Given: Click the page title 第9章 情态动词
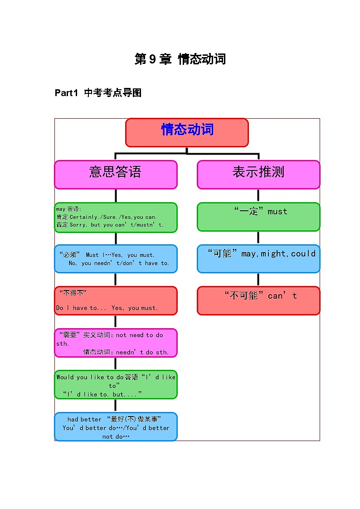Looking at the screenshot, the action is tap(180, 59).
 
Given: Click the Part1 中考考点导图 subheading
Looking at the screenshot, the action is tap(98, 93).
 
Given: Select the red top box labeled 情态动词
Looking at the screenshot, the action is tap(187, 132).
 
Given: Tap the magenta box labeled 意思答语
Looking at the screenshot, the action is tap(116, 175).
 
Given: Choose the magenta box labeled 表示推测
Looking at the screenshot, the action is tap(258, 175).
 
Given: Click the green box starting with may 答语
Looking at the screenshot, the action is tap(116, 218).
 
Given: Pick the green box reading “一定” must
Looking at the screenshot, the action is tap(258, 217).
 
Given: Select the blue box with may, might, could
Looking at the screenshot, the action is tap(258, 259).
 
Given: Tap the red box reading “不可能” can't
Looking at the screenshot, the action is tap(258, 301).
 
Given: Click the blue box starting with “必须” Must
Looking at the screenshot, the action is tap(116, 259).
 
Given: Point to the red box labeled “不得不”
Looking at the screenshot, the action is tap(116, 301).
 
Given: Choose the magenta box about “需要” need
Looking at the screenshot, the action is tap(116, 343).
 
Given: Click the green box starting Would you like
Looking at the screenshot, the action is tap(116, 385).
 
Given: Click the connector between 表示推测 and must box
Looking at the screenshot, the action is tap(258, 196).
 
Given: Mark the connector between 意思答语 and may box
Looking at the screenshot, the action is tap(116, 196).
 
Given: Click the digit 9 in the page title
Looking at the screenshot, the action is tap(152, 59).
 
